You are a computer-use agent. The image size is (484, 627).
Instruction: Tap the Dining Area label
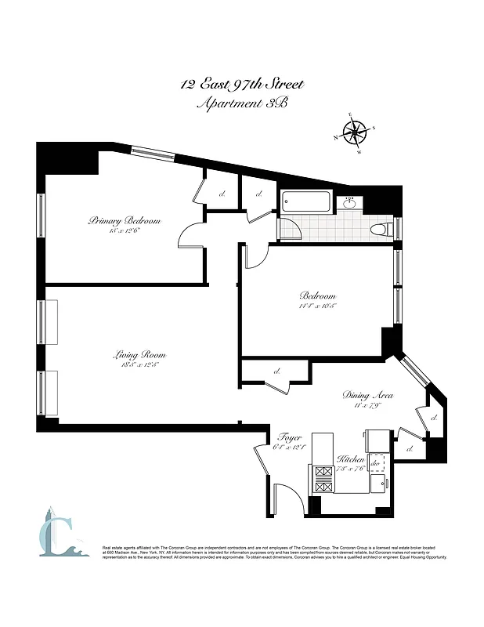[x=367, y=396]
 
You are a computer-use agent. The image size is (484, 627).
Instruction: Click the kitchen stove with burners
[x=323, y=479]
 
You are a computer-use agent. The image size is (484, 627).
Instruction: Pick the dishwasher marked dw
[x=375, y=464]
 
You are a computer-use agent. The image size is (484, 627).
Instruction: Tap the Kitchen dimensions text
[x=350, y=469]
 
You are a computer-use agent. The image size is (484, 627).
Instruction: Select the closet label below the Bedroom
[x=277, y=371]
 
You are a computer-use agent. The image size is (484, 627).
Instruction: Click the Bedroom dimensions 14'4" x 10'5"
[x=317, y=307]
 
